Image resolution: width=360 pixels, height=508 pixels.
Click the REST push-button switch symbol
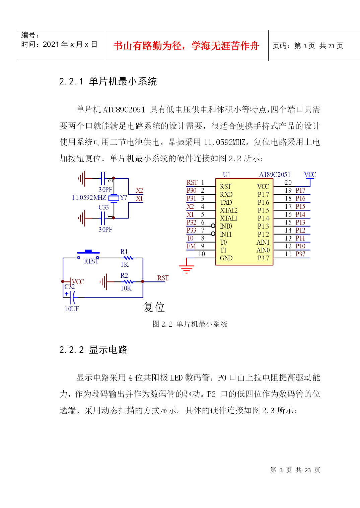[x=88, y=254]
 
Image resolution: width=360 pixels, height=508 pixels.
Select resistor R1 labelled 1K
[x=128, y=258]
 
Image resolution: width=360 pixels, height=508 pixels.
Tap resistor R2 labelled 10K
[x=129, y=282]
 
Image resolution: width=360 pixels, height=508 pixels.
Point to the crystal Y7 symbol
[x=114, y=198]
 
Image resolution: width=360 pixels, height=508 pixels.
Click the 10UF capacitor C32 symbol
[x=72, y=298]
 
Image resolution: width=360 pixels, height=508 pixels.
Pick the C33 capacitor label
[x=103, y=207]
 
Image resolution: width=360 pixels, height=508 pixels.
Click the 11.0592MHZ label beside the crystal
[x=89, y=198]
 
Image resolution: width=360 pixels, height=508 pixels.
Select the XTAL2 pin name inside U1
[x=229, y=210]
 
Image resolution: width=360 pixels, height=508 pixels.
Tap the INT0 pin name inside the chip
[x=226, y=226]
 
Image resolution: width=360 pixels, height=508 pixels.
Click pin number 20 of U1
[x=288, y=182]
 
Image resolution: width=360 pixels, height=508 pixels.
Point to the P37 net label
[x=300, y=254]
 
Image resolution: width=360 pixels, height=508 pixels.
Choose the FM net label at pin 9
[x=191, y=246]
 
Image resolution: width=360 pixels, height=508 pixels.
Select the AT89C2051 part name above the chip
[x=275, y=175]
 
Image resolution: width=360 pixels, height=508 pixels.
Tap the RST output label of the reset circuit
[x=163, y=278]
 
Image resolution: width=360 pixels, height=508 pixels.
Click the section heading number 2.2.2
[x=72, y=350]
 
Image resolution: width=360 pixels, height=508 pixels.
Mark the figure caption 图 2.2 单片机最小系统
[x=190, y=324]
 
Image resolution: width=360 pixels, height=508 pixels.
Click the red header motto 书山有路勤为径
[x=148, y=46]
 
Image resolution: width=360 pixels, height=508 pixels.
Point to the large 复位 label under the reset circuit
[x=154, y=307]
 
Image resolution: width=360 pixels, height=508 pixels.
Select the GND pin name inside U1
[x=226, y=258]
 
